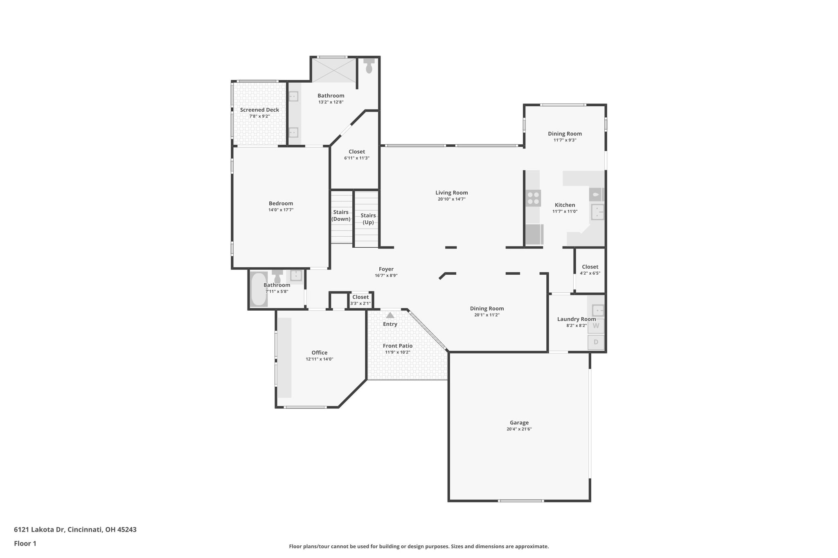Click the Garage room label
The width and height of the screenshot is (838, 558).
519,423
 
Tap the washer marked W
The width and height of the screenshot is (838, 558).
596,326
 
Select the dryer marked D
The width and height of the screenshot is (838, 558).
596,342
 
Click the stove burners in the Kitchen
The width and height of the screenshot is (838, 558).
533,198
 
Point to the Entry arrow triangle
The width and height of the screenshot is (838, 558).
390,315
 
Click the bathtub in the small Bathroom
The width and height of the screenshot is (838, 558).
259,289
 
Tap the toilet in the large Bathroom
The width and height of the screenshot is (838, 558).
369,65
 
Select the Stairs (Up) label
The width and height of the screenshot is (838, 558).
368,219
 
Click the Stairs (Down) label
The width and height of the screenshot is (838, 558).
341,215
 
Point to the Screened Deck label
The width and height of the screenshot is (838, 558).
259,110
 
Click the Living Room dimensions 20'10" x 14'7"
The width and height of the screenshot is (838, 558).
452,199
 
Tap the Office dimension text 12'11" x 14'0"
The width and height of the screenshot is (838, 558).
320,359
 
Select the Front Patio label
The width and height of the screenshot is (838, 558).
398,346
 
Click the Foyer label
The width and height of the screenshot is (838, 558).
386,269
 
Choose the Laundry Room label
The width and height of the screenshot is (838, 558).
577,319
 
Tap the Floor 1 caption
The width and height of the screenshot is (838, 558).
25,543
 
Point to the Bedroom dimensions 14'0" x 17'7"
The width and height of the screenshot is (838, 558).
281,210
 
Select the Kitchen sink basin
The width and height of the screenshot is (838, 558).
597,212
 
